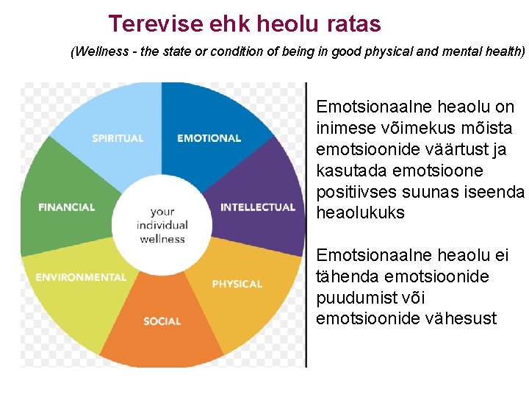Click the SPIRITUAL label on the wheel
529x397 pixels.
click(118, 138)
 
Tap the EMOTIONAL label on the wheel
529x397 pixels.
click(209, 138)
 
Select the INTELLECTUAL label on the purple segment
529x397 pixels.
click(258, 207)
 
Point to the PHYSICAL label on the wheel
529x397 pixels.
click(237, 284)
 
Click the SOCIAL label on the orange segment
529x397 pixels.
click(162, 321)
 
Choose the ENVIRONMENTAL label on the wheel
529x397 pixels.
click(81, 277)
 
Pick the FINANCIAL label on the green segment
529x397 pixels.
click(67, 207)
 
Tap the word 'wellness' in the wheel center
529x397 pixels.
click(162, 239)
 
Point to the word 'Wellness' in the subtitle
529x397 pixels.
click(99, 52)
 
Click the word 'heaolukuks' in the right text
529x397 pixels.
click(360, 212)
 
